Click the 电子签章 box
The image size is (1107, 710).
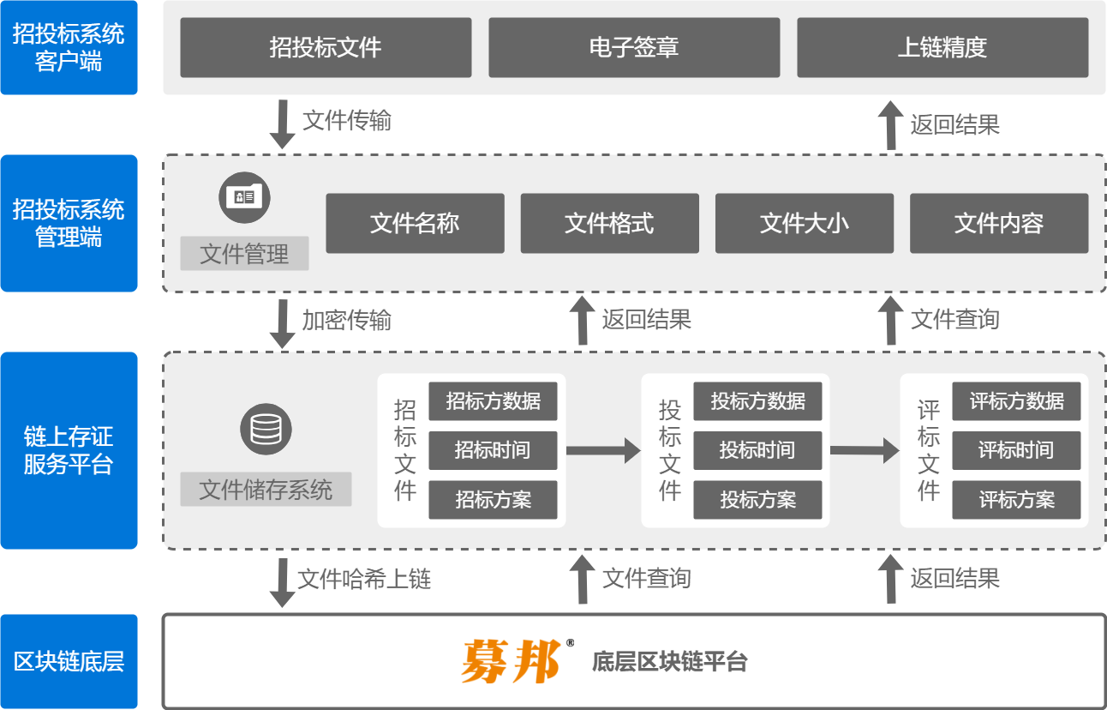click(634, 47)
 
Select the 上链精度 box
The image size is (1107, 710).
click(942, 47)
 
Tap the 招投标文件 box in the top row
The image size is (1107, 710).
click(326, 47)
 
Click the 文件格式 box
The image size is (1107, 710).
click(609, 224)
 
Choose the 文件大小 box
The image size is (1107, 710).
click(804, 224)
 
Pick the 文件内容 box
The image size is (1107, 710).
click(999, 224)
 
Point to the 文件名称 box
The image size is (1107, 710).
click(415, 224)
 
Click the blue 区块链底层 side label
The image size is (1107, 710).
click(69, 661)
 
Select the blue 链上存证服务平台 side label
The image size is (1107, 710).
click(69, 450)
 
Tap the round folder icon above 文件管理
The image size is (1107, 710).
click(244, 197)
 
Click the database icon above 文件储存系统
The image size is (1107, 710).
click(266, 429)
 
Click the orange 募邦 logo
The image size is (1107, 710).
click(511, 661)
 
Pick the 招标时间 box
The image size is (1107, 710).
click(493, 450)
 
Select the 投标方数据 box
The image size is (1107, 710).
click(757, 400)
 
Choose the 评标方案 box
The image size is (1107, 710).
click(1016, 500)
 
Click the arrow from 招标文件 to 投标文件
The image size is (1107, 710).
click(603, 450)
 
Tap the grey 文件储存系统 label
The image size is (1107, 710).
click(266, 490)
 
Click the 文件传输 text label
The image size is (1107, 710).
click(347, 121)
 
